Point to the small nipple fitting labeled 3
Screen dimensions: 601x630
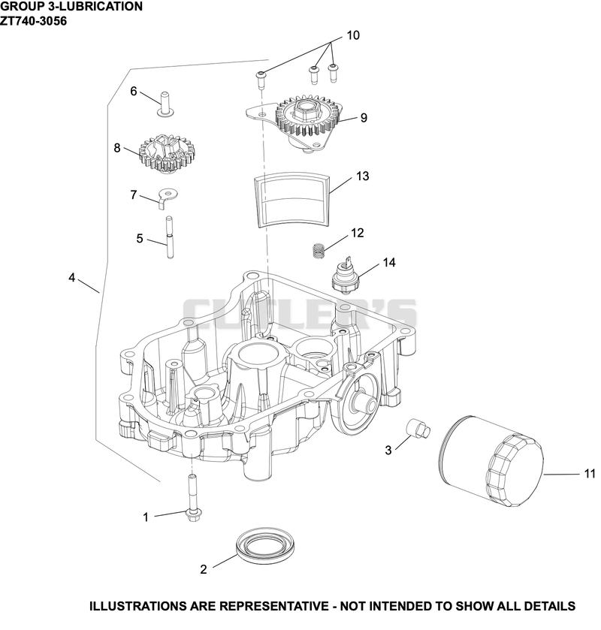click(x=418, y=428)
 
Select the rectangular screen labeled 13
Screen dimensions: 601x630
click(x=293, y=200)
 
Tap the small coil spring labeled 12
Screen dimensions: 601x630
click(x=319, y=252)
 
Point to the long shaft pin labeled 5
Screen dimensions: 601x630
click(x=170, y=237)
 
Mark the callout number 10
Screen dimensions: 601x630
click(x=353, y=35)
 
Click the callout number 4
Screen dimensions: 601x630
click(x=72, y=277)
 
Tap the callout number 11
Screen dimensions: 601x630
click(x=589, y=474)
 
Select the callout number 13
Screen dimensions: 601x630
click(x=362, y=176)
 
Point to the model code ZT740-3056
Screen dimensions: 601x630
click(x=33, y=20)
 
